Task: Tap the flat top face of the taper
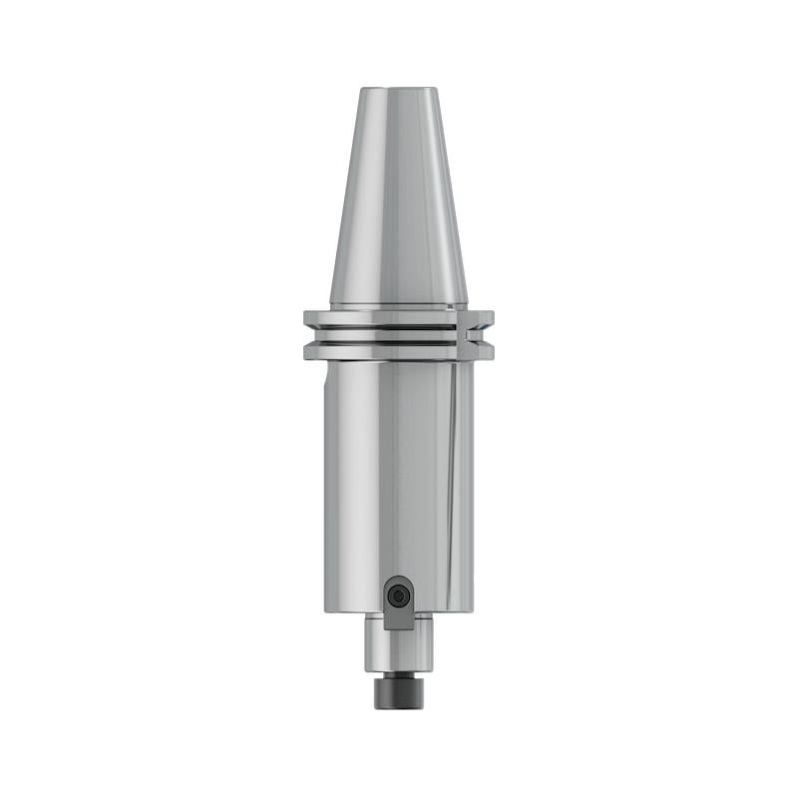(399, 90)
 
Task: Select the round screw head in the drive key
(399, 596)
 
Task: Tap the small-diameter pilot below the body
(399, 648)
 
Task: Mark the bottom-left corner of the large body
(326, 610)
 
